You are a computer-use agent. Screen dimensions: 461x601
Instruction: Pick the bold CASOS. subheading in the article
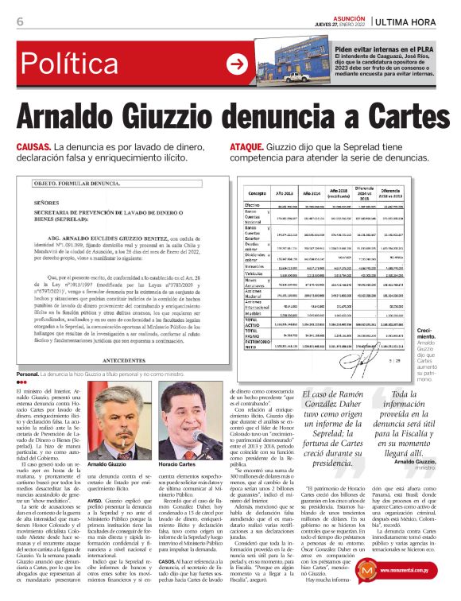168,560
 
